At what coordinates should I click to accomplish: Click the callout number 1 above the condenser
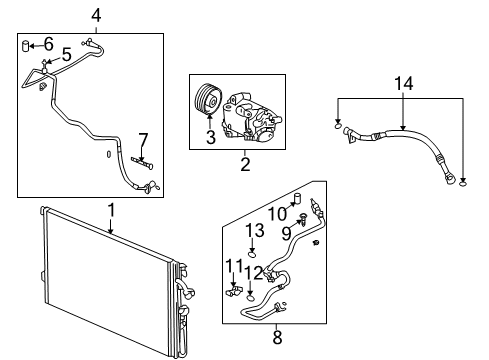[x=111, y=210]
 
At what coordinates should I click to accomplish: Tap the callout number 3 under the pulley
[x=211, y=138]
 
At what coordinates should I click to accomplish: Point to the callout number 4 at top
[x=96, y=14]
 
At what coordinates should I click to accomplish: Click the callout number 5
[x=66, y=55]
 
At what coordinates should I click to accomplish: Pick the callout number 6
[x=48, y=44]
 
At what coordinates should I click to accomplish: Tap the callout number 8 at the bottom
[x=277, y=337]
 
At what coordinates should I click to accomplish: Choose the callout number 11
[x=234, y=265]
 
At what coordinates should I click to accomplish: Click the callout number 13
[x=254, y=230]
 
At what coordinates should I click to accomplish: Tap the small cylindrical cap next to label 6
[x=26, y=44]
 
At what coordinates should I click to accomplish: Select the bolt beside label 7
[x=147, y=163]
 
